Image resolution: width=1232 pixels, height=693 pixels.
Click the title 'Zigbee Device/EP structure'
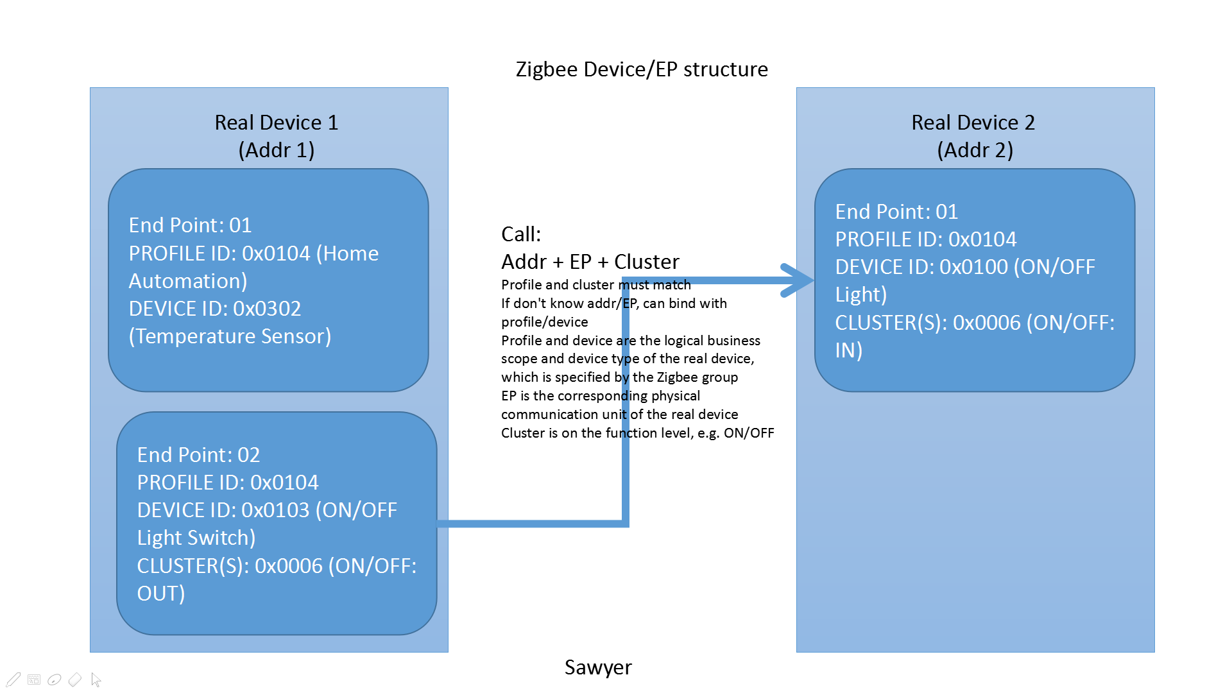[x=642, y=69]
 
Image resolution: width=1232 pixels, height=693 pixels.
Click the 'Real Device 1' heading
[x=276, y=123]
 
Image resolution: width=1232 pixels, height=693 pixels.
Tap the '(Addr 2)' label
[x=975, y=150]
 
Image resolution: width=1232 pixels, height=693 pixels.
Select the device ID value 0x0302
[x=267, y=309]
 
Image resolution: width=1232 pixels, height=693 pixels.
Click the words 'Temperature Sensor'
[x=230, y=336]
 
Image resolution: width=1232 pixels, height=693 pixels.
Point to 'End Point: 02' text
[x=198, y=455]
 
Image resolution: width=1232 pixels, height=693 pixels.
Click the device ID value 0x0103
[x=275, y=510]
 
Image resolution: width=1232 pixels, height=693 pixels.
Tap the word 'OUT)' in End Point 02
[x=161, y=594]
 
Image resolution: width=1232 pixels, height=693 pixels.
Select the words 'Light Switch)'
[x=196, y=538]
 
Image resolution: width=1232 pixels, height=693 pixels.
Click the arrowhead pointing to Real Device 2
[x=799, y=280]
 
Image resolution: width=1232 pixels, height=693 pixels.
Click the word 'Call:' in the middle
[x=521, y=234]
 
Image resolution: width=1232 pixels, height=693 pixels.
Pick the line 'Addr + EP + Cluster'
[x=590, y=262]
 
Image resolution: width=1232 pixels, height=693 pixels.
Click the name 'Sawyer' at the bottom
[x=598, y=667]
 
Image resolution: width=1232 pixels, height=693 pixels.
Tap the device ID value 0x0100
[x=973, y=267]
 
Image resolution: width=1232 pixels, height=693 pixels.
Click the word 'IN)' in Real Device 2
[x=848, y=350]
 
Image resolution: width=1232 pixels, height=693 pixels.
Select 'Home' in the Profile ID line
[x=351, y=253]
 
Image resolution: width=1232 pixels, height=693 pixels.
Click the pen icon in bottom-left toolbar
[x=13, y=680]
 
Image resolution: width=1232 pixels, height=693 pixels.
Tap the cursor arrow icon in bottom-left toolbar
[x=96, y=680]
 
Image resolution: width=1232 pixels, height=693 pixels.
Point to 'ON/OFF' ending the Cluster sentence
[x=749, y=433]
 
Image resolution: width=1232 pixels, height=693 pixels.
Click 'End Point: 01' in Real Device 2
[x=896, y=212]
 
